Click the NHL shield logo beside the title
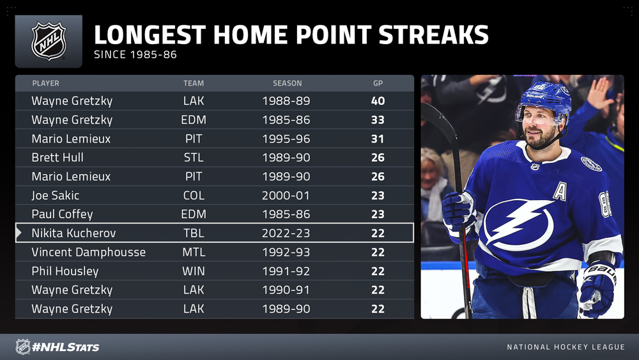click(49, 41)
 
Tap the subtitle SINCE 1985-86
click(135, 54)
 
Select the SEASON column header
click(288, 83)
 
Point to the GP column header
click(378, 83)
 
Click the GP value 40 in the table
click(378, 100)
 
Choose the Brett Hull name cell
click(58, 157)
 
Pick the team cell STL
click(194, 157)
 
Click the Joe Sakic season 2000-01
click(286, 195)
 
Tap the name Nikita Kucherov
click(73, 233)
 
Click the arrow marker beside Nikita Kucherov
click(19, 233)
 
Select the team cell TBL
click(194, 233)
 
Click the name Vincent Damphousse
click(88, 252)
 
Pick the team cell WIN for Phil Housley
click(194, 271)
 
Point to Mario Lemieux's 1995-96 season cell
click(286, 139)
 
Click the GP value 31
click(378, 139)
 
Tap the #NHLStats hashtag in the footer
click(65, 347)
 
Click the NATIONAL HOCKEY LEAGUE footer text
click(566, 347)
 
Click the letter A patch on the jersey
click(560, 191)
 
